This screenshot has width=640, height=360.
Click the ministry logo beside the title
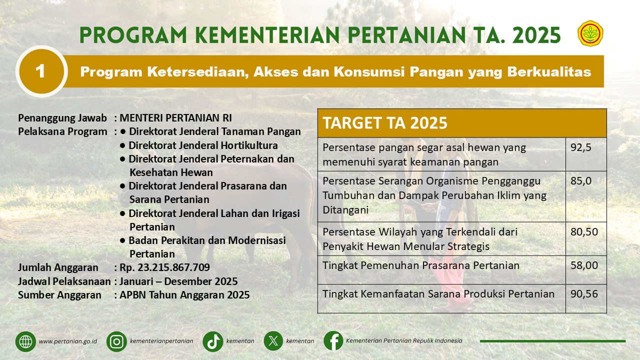click(590, 33)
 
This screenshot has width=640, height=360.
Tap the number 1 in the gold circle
click(40, 71)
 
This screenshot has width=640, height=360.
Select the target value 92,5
click(581, 147)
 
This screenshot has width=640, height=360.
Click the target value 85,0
click(581, 181)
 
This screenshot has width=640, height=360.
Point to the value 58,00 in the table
click(584, 265)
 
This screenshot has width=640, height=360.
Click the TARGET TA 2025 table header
click(385, 123)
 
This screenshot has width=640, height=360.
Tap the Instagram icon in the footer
click(116, 341)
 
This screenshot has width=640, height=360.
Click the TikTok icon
click(213, 341)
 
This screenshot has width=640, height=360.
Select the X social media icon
click(273, 341)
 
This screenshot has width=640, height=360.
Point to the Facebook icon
click(333, 341)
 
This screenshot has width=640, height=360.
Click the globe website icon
click(25, 341)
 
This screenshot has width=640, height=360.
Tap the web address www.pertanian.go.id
click(68, 341)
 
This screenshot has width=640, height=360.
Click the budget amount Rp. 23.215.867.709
click(164, 267)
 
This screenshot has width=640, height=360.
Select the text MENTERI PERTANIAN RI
click(175, 118)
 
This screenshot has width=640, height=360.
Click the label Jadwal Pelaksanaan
click(64, 281)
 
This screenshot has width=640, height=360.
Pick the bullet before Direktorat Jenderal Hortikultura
click(122, 145)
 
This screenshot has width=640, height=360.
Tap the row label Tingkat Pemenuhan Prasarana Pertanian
click(421, 265)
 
